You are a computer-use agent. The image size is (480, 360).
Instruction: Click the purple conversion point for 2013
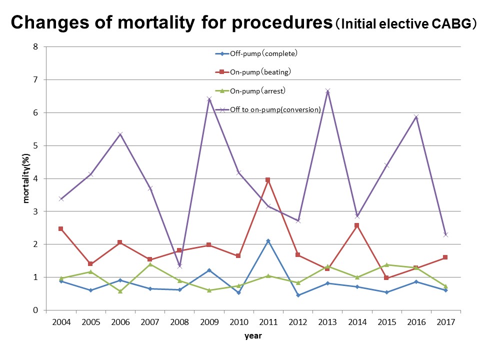click(x=327, y=91)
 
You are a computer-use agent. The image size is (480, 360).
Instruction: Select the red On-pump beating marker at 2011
click(x=268, y=179)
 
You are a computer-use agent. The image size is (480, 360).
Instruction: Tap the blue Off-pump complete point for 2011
click(x=268, y=241)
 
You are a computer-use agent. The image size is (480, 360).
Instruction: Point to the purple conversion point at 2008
click(x=179, y=266)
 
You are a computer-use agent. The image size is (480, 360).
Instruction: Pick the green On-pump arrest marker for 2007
click(x=150, y=264)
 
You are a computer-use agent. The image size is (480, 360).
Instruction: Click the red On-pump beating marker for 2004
click(x=61, y=228)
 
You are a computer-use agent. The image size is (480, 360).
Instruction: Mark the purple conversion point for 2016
click(x=416, y=117)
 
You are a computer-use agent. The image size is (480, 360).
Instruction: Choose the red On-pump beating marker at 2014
click(x=357, y=225)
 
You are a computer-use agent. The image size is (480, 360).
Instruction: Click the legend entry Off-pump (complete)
click(x=266, y=53)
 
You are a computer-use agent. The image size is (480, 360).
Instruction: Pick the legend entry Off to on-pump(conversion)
click(x=275, y=109)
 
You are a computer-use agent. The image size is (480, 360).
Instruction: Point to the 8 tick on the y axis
click(x=35, y=47)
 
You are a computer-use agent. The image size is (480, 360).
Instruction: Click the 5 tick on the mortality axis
click(x=35, y=145)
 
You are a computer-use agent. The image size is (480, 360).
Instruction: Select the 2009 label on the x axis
click(x=209, y=322)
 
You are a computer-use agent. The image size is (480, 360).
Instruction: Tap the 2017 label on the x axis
click(x=445, y=322)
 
